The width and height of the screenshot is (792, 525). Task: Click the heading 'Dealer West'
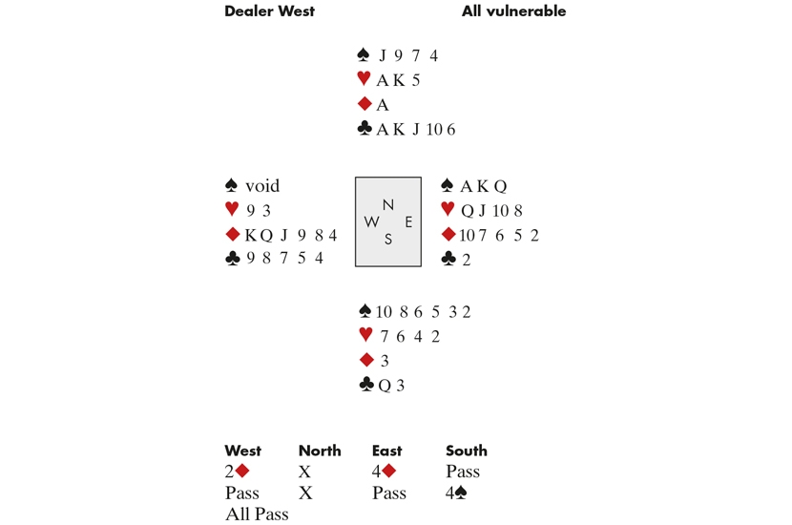(269, 11)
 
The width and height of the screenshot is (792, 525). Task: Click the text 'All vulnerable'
(513, 11)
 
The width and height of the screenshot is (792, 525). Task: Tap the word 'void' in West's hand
(262, 186)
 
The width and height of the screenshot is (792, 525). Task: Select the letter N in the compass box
(388, 204)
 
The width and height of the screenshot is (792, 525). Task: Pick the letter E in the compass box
(408, 221)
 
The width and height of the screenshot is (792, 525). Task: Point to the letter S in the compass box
(388, 239)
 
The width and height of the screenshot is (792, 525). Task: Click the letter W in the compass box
(371, 221)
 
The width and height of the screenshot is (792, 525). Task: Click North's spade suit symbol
(364, 54)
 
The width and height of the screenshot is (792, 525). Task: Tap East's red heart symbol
(448, 209)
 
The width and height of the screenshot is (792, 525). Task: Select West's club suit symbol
(232, 259)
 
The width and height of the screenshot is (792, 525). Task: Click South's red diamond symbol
(366, 360)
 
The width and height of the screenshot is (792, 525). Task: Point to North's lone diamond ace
(383, 105)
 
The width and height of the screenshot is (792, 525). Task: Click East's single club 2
(467, 260)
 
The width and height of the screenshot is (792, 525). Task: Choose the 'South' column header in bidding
(467, 451)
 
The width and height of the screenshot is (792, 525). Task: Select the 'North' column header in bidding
(320, 451)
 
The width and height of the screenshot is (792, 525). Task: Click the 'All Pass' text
(257, 514)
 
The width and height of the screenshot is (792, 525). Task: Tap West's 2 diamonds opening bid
(237, 471)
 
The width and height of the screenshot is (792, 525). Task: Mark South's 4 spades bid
(456, 493)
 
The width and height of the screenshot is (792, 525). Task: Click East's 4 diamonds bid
(384, 471)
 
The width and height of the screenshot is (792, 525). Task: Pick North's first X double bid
(304, 472)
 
